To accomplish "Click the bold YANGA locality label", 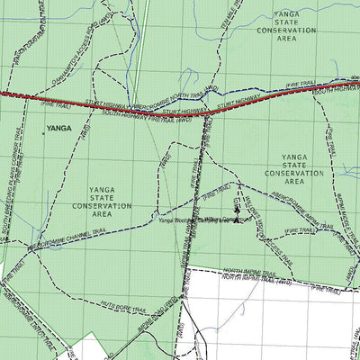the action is tap(58, 130).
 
